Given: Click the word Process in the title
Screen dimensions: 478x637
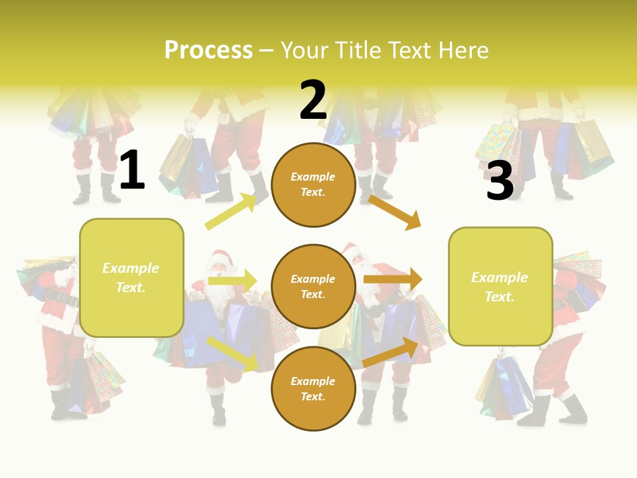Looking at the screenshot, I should coord(208,50).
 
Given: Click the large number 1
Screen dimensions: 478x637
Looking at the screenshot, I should coord(132,171).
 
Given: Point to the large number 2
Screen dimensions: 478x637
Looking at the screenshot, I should coord(313,101).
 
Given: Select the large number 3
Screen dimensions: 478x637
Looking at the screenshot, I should coord(500,181).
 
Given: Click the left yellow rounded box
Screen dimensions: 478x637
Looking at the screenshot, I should coord(131,278).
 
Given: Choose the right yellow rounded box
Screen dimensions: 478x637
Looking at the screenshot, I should coord(500,287).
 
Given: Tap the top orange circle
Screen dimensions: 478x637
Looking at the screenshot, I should coord(313,185).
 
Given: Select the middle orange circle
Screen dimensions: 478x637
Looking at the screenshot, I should coord(313,287).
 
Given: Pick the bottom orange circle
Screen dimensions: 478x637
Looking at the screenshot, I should coord(313,389).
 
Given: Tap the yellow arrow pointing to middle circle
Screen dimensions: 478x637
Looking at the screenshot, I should coord(232,280).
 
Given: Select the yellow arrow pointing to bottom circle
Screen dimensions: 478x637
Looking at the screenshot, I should coord(232,353).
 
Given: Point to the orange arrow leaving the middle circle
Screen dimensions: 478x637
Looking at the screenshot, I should coord(393,279).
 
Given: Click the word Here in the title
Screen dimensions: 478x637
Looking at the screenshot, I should coord(464,50).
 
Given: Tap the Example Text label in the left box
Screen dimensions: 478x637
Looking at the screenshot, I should coord(131,278).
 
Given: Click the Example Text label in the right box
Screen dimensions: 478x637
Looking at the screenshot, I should coord(500,287).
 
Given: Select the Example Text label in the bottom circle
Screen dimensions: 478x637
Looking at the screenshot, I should coord(313,389).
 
